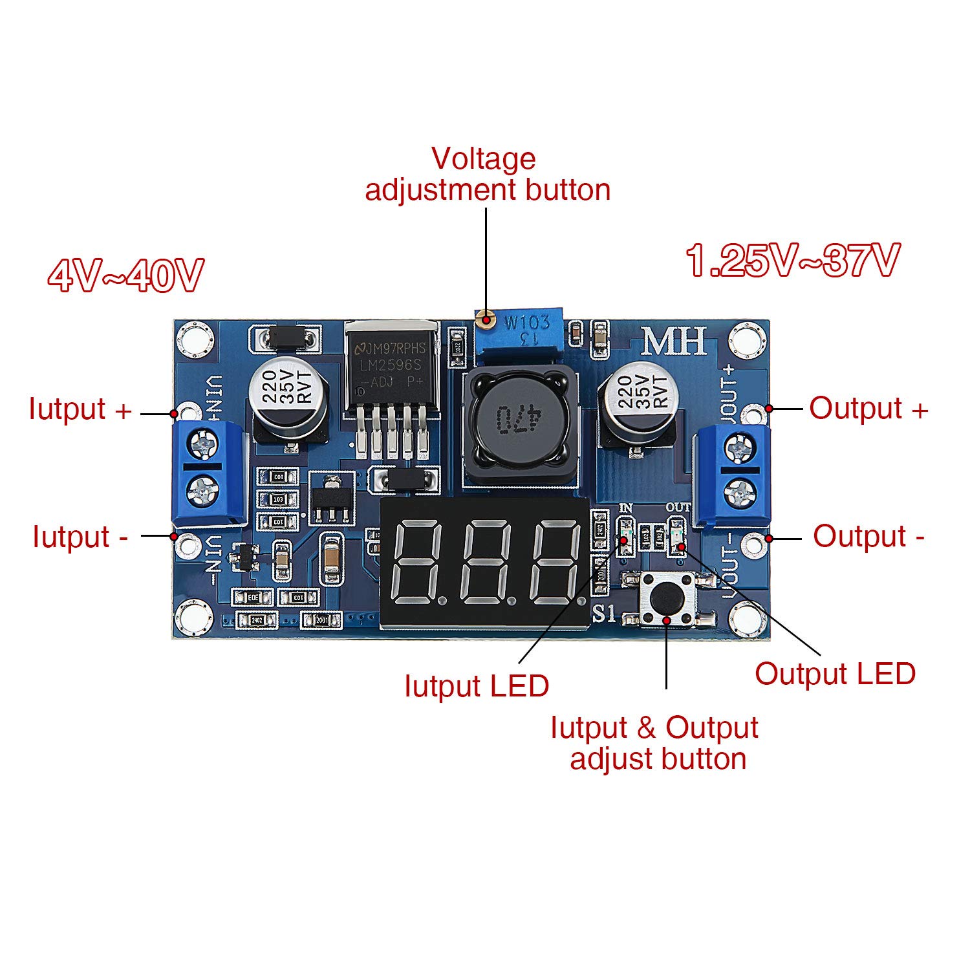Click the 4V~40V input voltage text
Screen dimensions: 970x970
126,276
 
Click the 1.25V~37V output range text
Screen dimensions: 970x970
793,261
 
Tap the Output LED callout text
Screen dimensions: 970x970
835,674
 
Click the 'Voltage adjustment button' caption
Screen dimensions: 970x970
487,175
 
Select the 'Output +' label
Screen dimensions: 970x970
868,409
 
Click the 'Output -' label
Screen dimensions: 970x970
868,537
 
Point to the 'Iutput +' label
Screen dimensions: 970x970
80,409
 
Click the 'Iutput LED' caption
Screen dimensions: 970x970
477,686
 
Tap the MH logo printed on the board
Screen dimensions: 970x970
673,341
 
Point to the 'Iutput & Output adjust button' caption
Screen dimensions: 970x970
655,743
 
